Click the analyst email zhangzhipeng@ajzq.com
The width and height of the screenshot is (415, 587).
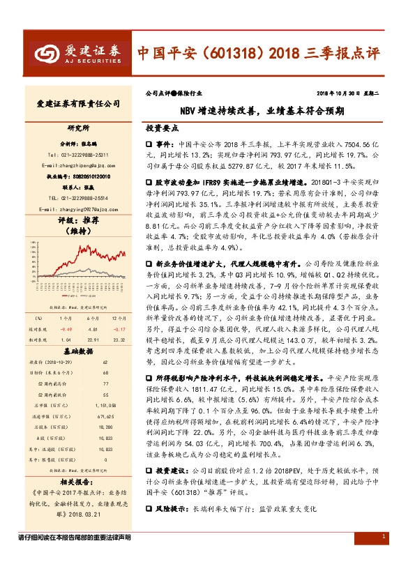[x=77, y=165]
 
